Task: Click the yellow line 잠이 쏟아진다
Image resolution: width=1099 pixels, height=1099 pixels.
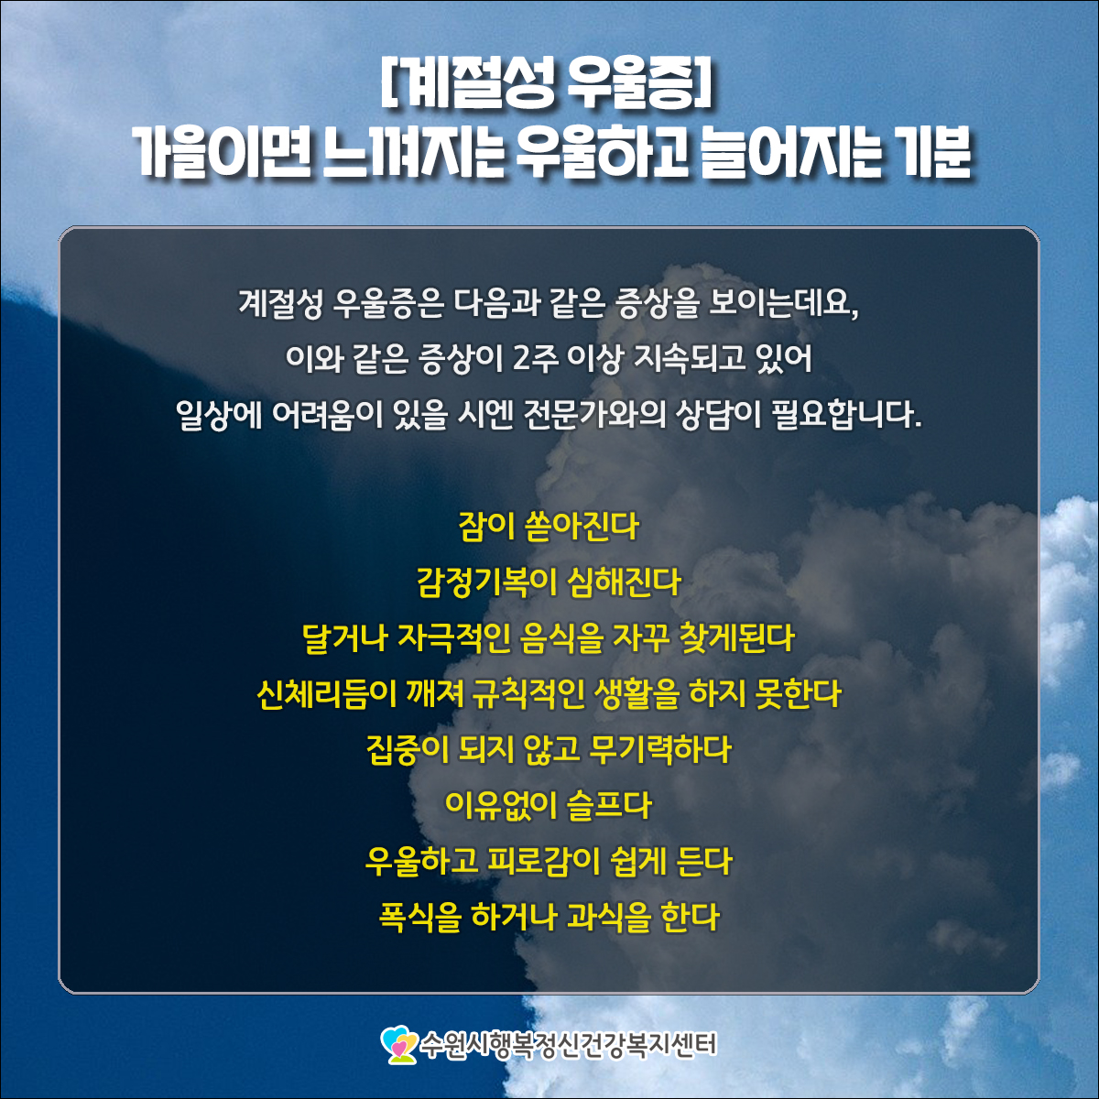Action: (549, 527)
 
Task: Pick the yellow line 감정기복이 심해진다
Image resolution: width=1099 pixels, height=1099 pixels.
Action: (549, 582)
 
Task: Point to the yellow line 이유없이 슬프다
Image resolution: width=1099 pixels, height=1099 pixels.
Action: (548, 806)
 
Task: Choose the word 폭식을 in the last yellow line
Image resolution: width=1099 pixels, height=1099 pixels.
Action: (419, 918)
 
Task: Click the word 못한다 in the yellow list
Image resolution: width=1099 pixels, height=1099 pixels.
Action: (798, 694)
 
